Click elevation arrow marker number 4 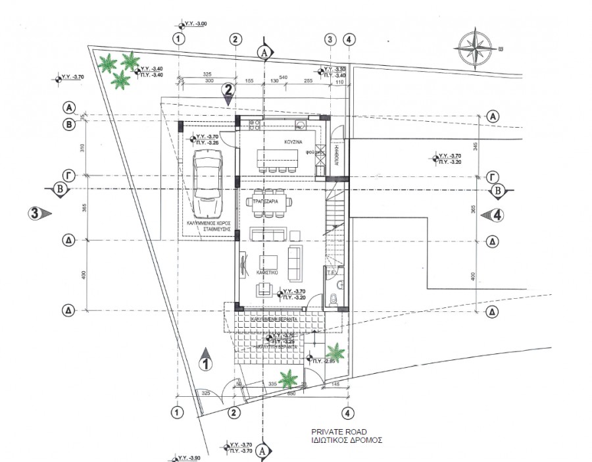pyautogui.click(x=492, y=215)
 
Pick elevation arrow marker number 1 pyautogui.click(x=206, y=359)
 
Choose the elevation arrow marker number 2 pyautogui.click(x=228, y=93)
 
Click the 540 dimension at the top pyautogui.click(x=284, y=77)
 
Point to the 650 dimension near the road pyautogui.click(x=291, y=393)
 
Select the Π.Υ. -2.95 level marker pyautogui.click(x=323, y=361)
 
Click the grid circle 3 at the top pyautogui.click(x=330, y=39)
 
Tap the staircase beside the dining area pyautogui.click(x=334, y=220)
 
